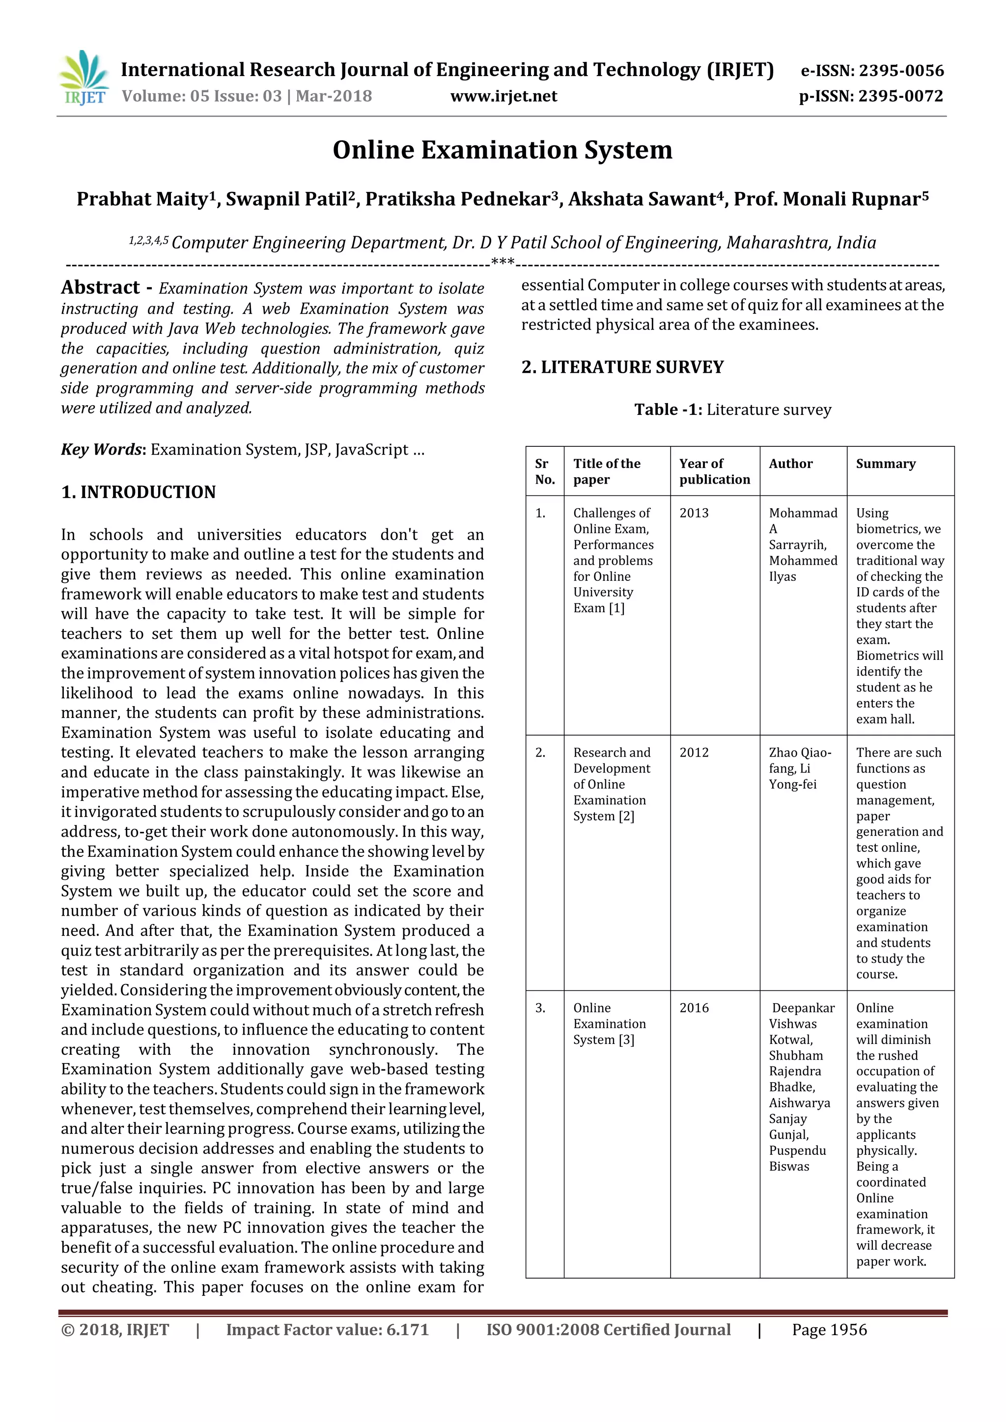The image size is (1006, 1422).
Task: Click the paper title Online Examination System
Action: [x=503, y=150]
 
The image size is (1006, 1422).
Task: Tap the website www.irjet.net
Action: [x=503, y=96]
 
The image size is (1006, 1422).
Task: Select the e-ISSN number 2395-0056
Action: [x=901, y=71]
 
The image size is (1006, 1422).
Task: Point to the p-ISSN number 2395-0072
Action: [x=901, y=96]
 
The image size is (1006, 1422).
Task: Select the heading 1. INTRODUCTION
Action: [x=138, y=492]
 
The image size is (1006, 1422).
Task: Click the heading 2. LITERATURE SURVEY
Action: [x=622, y=367]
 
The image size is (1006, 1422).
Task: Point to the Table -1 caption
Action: [x=732, y=410]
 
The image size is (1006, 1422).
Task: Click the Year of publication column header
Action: [x=714, y=471]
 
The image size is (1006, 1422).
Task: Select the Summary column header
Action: [x=885, y=464]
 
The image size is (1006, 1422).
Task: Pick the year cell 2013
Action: [x=694, y=513]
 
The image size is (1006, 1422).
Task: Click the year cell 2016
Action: [x=694, y=1008]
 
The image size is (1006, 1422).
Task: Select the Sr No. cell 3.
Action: [x=540, y=1008]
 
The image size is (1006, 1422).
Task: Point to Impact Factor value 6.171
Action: [x=327, y=1330]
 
